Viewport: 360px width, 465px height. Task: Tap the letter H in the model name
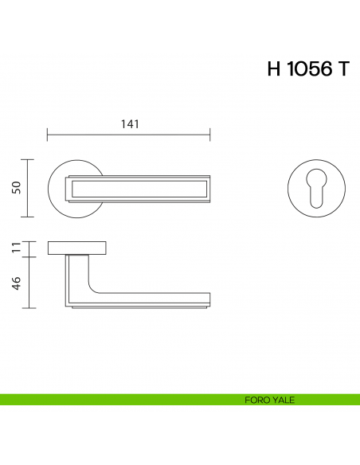[x=274, y=69]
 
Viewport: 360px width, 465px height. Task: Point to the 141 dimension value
[x=130, y=124]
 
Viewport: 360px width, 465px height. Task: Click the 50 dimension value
[x=15, y=188]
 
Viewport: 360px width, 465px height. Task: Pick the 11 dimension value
[x=15, y=248]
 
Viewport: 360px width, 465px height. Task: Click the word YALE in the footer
[x=283, y=400]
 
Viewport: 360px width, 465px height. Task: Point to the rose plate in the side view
[x=77, y=248]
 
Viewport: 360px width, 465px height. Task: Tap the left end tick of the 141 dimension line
[x=48, y=134]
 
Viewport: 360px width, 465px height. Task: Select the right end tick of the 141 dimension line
[x=210, y=134]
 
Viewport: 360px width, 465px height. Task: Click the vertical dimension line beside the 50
[x=29, y=188]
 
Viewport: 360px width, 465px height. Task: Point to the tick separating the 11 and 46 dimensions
[x=29, y=256]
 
